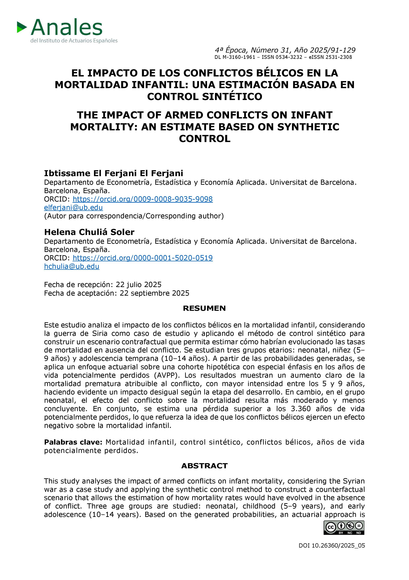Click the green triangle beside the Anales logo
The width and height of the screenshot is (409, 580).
pyautogui.click(x=22, y=27)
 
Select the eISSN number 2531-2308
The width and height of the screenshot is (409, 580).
pyautogui.click(x=339, y=57)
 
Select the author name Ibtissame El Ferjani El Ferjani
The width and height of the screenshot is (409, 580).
pyautogui.click(x=113, y=173)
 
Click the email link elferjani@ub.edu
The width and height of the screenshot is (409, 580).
pyautogui.click(x=73, y=207)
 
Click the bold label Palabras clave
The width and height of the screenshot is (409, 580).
pyautogui.click(x=73, y=442)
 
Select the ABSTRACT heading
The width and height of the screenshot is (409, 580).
pyautogui.click(x=204, y=466)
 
